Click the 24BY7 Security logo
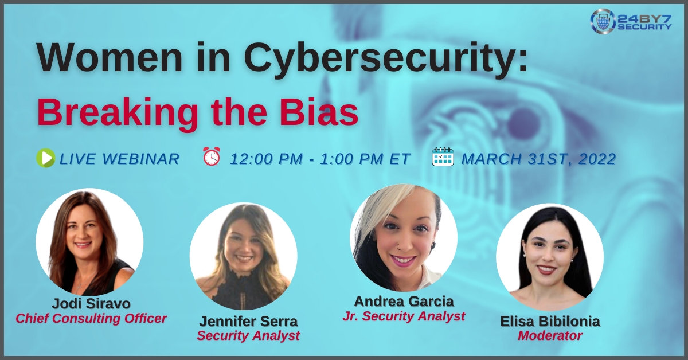(630, 21)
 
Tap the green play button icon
(46, 158)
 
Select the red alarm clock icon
(211, 156)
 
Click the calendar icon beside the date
(443, 156)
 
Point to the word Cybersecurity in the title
(386, 57)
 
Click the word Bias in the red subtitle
(322, 112)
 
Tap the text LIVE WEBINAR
(119, 159)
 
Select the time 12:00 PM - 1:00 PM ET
(320, 159)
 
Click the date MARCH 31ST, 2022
(538, 159)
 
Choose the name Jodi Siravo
(91, 303)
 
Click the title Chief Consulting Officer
(91, 319)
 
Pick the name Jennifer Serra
(248, 321)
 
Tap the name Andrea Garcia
(404, 301)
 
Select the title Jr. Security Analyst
(404, 316)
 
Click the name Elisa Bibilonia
(550, 321)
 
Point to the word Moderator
(550, 336)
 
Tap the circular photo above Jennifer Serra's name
(243, 256)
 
